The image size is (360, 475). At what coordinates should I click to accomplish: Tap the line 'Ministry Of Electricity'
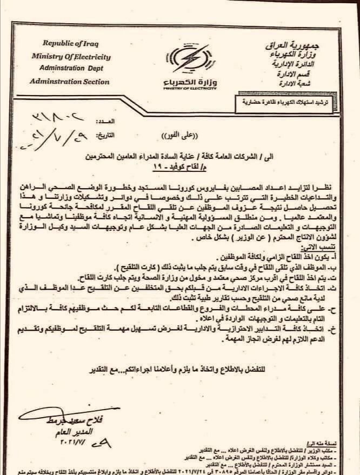[x=71, y=56]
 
